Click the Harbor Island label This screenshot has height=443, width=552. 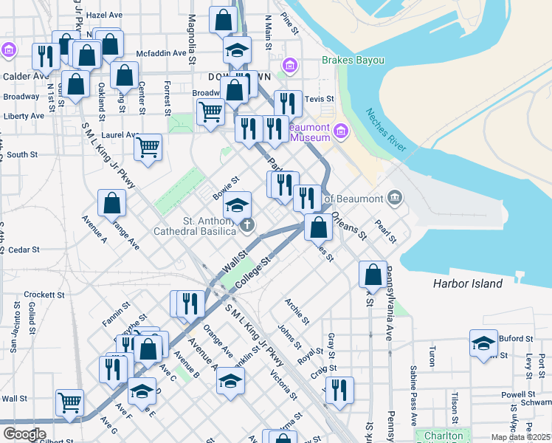click(467, 284)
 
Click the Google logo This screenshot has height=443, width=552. click(24, 434)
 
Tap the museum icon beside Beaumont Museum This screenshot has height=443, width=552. click(341, 132)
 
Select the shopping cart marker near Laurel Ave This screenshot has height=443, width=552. click(148, 147)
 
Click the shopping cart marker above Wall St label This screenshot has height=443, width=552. click(70, 402)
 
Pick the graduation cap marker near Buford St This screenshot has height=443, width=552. click(483, 343)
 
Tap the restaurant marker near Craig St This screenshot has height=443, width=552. click(339, 389)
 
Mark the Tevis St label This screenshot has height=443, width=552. click(320, 98)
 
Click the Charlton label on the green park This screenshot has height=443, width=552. click(444, 436)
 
